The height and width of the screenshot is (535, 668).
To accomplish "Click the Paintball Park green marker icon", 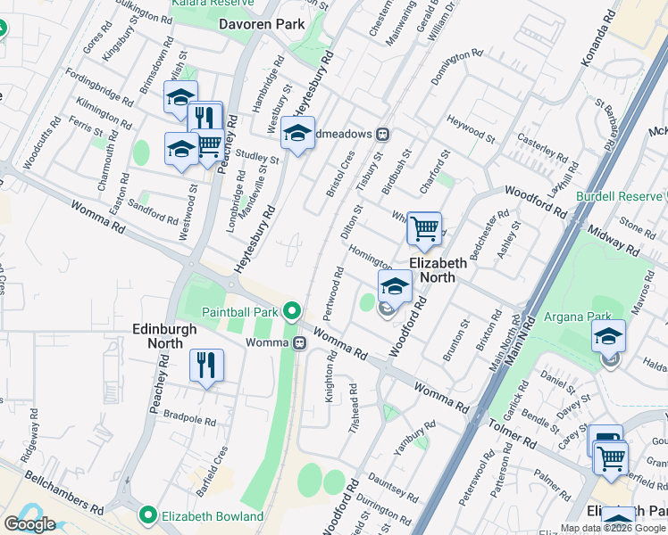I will click(291, 311).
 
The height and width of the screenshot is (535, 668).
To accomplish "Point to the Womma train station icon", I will click(301, 343).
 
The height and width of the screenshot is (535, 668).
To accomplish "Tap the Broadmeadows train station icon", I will click(383, 134).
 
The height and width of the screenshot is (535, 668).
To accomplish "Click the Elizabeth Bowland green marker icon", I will click(148, 515).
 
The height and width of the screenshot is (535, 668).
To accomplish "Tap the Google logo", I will click(29, 524).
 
